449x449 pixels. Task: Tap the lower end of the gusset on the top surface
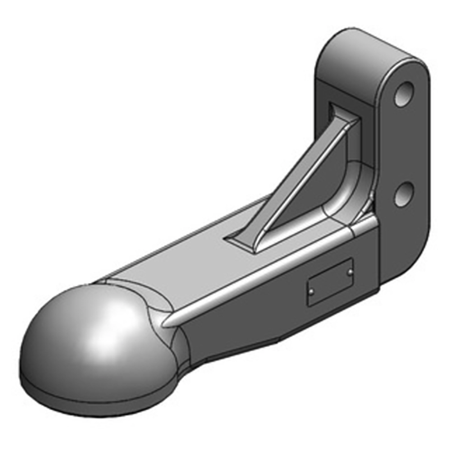pos(247,239)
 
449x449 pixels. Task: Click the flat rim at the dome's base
pos(84,393)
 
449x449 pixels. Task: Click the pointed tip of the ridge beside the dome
pos(163,326)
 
